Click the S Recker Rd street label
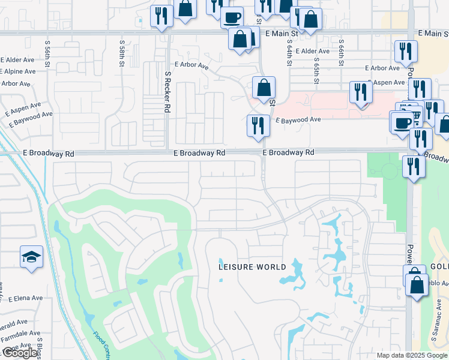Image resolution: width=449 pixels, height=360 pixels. click(168, 93)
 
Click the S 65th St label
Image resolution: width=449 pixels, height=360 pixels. click(317, 54)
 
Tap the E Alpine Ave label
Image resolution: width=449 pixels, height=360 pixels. click(18, 71)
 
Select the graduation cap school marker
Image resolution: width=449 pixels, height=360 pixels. click(31, 257)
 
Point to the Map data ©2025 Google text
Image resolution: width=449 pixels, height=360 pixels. click(412, 355)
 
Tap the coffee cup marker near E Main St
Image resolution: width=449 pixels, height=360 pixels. click(232, 18)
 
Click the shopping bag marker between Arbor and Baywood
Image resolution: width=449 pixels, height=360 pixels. click(264, 88)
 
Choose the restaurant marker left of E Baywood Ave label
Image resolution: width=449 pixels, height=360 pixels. click(258, 126)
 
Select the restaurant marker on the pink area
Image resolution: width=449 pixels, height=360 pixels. click(361, 92)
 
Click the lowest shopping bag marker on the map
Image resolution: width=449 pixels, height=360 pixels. click(417, 284)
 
